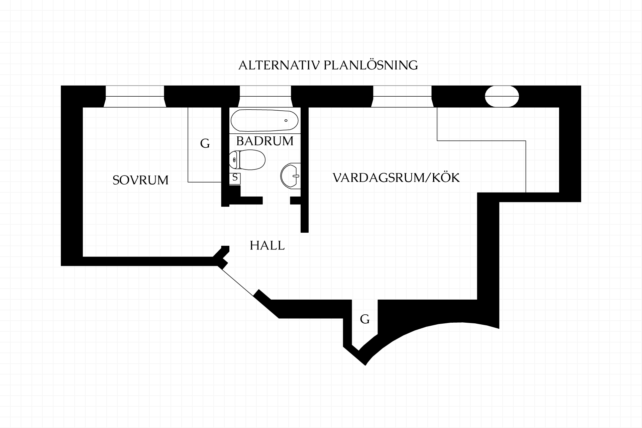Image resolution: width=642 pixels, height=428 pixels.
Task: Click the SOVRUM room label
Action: (x=140, y=180)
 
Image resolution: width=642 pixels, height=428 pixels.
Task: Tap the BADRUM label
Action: (x=265, y=141)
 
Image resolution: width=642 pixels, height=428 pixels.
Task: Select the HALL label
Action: (x=267, y=246)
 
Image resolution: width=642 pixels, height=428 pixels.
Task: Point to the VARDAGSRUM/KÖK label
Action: (x=396, y=177)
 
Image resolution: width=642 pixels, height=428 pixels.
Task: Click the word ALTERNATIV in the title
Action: (x=280, y=65)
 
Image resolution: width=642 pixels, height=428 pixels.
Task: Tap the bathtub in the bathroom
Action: (x=264, y=121)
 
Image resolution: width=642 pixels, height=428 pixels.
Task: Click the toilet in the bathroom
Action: (x=247, y=160)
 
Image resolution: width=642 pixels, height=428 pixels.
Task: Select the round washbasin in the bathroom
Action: (x=290, y=176)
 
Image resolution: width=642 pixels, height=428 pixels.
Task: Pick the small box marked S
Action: (x=235, y=178)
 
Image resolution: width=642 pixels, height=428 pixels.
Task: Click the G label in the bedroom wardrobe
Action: (x=205, y=144)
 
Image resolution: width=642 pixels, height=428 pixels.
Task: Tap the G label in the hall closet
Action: (x=365, y=319)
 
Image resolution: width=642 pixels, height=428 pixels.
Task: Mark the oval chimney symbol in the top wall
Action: (x=502, y=96)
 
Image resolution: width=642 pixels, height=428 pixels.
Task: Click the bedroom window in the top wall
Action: (x=135, y=96)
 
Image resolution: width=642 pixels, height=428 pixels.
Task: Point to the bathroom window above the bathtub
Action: (x=265, y=96)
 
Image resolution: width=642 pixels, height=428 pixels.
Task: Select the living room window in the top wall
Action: (x=402, y=96)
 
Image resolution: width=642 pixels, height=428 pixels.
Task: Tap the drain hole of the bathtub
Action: (x=286, y=120)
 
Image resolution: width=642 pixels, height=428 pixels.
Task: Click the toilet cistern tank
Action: (x=234, y=160)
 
